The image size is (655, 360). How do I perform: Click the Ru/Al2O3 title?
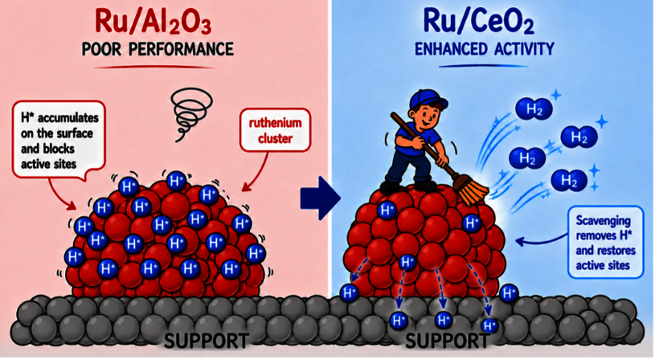coord(154,21)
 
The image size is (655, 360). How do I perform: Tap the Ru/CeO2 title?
coord(479,21)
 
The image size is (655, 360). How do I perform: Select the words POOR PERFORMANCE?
coord(158,49)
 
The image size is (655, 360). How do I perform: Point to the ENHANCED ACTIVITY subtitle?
coord(484,49)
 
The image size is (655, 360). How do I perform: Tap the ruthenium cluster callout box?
coord(276,130)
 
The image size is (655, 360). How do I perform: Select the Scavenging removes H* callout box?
coord(606,243)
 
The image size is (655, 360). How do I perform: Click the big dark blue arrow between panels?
coord(321,198)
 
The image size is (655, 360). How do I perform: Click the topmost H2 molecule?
coord(534,108)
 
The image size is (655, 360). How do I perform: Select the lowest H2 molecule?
coord(569,181)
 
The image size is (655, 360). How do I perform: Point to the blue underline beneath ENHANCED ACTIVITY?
coord(482,66)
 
